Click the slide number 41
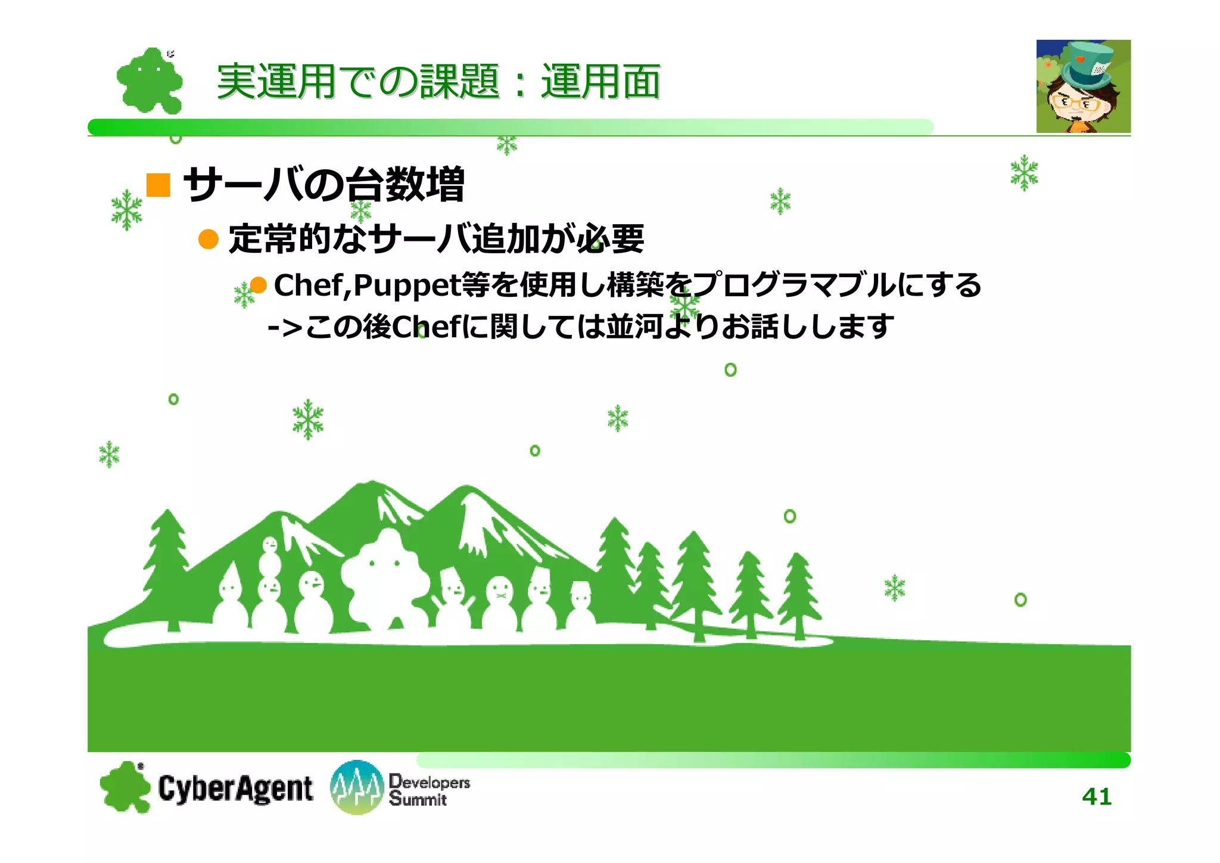[1096, 796]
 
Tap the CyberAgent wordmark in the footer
[235, 789]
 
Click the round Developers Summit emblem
[356, 787]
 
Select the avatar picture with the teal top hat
[1083, 86]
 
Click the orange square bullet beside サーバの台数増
[158, 185]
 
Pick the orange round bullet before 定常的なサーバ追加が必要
[208, 239]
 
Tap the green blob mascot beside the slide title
[149, 80]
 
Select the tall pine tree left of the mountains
[167, 566]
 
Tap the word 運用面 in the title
[600, 82]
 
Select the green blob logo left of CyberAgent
[125, 787]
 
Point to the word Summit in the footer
[418, 799]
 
